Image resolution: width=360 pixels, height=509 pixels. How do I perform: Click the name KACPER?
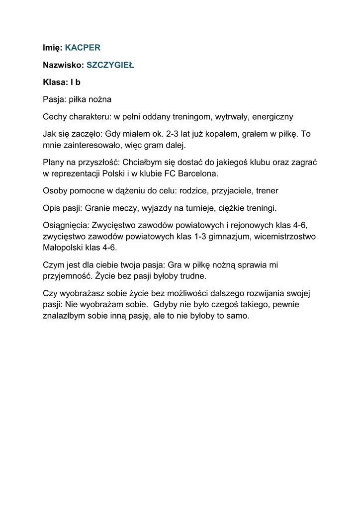coord(83,48)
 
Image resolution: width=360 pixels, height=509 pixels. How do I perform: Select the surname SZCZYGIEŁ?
coord(110,65)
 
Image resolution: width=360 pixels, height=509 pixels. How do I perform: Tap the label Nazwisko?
coord(63,65)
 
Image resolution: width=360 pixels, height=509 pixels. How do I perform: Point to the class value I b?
coord(74,83)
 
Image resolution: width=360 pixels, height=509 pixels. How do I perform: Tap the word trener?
coord(267,190)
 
